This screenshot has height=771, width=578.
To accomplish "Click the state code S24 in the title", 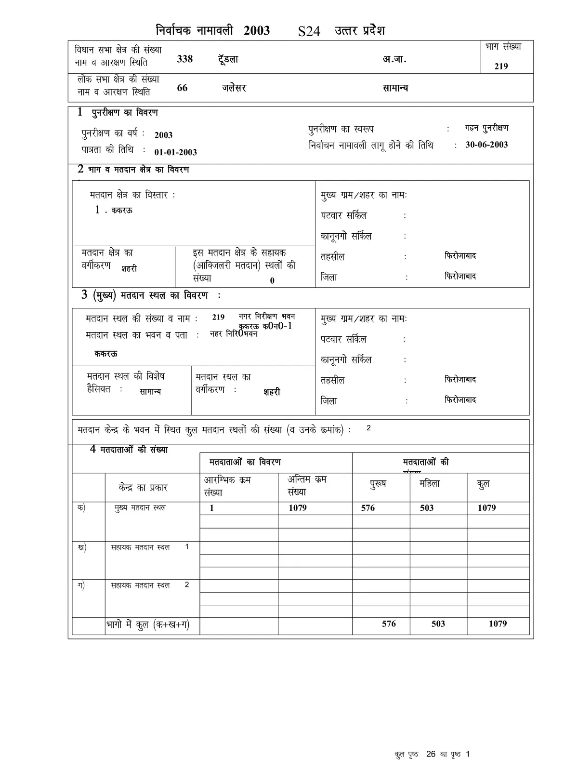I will coord(309,32).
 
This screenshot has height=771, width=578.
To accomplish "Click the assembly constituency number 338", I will coord(185,59).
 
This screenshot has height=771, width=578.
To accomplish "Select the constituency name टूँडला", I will coord(227,59).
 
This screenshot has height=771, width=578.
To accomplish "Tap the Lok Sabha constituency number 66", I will coord(182,88).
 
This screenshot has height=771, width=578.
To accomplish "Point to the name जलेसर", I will coord(234,88).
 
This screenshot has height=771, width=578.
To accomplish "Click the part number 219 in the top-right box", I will coord(501,66).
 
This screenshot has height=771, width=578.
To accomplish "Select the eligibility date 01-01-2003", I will coord(175,152).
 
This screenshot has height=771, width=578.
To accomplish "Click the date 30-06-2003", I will coord(486,145).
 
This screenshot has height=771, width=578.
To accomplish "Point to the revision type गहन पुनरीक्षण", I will coord(486,128).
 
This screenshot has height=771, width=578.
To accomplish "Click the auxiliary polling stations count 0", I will coord(272,281).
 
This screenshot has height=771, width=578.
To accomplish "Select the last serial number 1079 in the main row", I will coord(298,508).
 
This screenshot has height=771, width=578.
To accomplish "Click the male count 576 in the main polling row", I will coord(368,508).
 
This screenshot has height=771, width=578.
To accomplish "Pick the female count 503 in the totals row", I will coord(438,624).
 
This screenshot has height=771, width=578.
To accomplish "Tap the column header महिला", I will coord(429,483).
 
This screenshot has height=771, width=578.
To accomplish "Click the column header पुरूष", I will coord(378,484).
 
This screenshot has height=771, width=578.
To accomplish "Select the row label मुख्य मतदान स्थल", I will coord(140,508).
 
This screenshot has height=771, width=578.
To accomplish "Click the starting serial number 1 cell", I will coord(211,508).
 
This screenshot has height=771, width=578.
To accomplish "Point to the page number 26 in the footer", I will coord(431,754).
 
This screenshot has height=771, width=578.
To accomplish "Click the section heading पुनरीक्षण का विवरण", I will coord(125,113).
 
